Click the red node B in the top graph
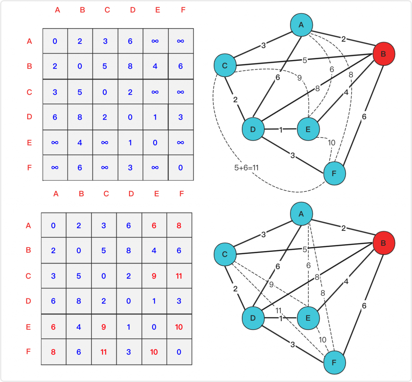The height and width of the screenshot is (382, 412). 383,54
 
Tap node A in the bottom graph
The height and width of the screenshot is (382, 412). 301,214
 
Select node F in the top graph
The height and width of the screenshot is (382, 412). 334,174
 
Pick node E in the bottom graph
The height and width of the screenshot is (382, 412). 308,318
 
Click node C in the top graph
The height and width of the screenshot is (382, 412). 225,65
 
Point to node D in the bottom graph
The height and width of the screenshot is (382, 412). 253,318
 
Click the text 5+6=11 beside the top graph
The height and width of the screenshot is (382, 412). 247,168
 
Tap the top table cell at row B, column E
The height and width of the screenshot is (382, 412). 155,66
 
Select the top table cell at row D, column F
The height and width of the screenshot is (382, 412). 181,117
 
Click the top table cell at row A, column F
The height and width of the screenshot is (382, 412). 181,41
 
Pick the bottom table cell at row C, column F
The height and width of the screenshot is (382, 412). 179,276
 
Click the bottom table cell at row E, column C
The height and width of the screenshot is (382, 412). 104,327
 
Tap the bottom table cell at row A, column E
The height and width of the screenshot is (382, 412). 154,226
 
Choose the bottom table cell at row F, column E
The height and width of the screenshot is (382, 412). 154,352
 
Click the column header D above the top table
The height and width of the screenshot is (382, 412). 133,10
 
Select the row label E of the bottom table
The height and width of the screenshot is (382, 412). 29,327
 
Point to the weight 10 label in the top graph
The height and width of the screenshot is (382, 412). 332,143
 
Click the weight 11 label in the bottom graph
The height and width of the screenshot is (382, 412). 278,311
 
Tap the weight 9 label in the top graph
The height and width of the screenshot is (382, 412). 299,78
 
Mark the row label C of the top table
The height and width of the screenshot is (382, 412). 29,92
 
